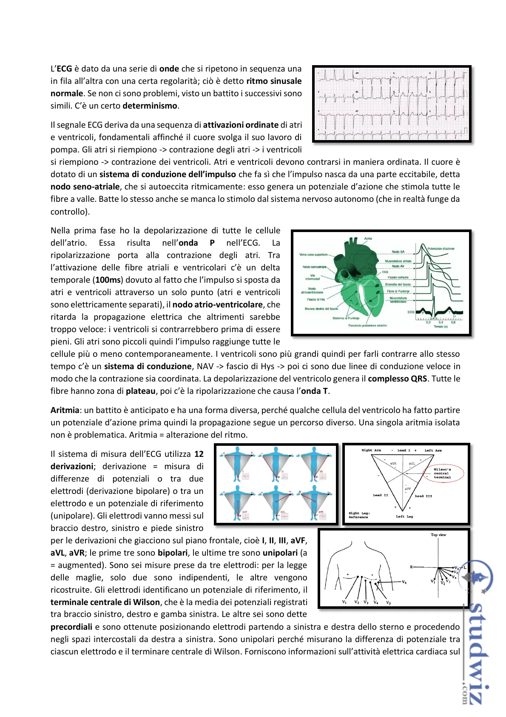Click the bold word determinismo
click(x=150, y=106)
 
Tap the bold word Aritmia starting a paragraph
click(x=65, y=410)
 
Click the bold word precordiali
click(x=71, y=627)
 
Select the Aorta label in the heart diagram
click(x=368, y=239)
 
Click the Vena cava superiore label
click(x=313, y=255)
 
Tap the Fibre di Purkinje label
click(x=398, y=292)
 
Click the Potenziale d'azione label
click(x=441, y=249)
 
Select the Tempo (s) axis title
click(x=441, y=327)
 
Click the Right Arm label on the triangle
click(x=371, y=450)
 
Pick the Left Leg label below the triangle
click(x=404, y=516)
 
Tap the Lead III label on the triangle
click(x=423, y=496)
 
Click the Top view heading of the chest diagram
click(x=438, y=535)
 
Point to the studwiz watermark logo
click(x=477, y=630)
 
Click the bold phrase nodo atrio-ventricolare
click(x=218, y=305)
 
